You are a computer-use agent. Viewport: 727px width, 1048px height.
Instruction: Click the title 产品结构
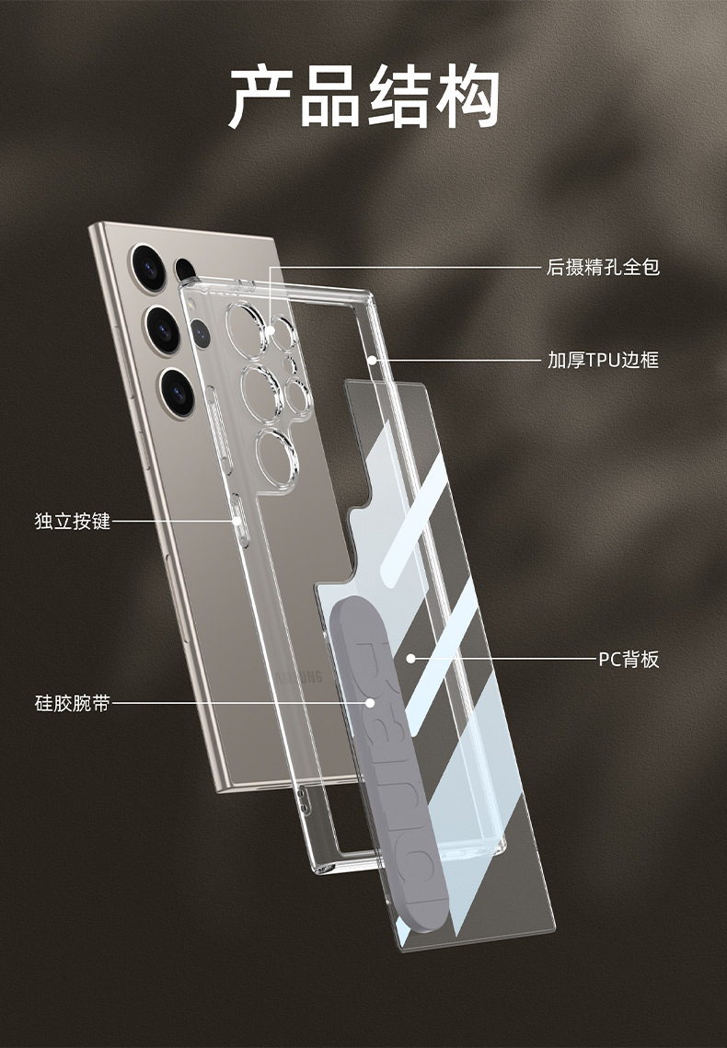(x=364, y=97)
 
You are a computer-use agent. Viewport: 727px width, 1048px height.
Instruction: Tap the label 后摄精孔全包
(x=603, y=268)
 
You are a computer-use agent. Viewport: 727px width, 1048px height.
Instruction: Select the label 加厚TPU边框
(x=603, y=361)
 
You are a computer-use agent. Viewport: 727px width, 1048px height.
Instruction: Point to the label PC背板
(x=629, y=660)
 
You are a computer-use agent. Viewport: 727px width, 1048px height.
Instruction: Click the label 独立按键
(x=72, y=522)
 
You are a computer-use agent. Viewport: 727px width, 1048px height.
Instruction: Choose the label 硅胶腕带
(x=72, y=704)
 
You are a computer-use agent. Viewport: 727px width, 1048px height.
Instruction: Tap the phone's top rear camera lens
(x=148, y=268)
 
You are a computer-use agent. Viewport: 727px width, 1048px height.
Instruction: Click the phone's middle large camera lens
(x=163, y=329)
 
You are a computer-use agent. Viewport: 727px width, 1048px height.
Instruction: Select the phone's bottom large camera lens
(x=178, y=392)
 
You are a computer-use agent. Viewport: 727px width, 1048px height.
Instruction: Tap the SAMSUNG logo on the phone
(x=299, y=675)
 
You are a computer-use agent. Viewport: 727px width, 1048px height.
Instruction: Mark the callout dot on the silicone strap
(x=370, y=703)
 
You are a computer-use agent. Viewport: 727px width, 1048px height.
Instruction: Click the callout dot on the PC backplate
(x=411, y=659)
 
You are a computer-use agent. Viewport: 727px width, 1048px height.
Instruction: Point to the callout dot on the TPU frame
(x=372, y=361)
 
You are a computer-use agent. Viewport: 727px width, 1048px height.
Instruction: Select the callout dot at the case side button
(x=236, y=521)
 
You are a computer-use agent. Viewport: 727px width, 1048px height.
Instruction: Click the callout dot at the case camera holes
(x=270, y=330)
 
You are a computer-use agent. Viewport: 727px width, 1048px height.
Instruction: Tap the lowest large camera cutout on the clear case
(x=277, y=458)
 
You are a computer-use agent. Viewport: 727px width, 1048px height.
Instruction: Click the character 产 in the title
(x=261, y=97)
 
